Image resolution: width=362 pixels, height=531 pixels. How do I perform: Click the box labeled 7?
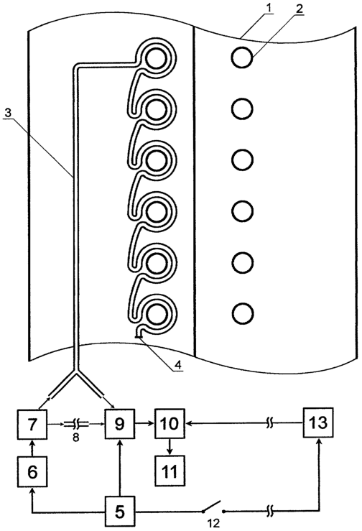32,424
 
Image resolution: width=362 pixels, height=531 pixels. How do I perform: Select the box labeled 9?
119,424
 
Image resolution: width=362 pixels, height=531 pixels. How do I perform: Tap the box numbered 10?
170,423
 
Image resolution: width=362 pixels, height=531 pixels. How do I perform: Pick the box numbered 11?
170,471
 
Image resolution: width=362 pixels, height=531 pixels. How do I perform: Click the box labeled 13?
318,423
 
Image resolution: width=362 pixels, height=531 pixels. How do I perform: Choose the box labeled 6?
32,472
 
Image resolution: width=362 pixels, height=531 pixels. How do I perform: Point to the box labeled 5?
119,512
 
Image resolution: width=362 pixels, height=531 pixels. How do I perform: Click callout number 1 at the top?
269,8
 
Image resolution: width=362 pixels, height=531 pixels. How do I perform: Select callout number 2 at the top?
298,9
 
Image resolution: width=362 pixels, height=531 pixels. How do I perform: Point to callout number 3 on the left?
9,113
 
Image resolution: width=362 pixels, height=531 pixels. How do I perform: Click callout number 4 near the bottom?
178,364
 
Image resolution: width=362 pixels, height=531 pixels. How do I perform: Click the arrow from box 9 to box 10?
144,423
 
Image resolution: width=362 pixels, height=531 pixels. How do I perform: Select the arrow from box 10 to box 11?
170,447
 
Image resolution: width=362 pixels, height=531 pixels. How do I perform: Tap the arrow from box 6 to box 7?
32,448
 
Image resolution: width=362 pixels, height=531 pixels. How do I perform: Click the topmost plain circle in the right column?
242,58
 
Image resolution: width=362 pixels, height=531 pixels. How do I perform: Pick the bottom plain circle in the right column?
243,313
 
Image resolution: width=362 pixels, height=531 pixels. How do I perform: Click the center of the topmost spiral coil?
156,59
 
